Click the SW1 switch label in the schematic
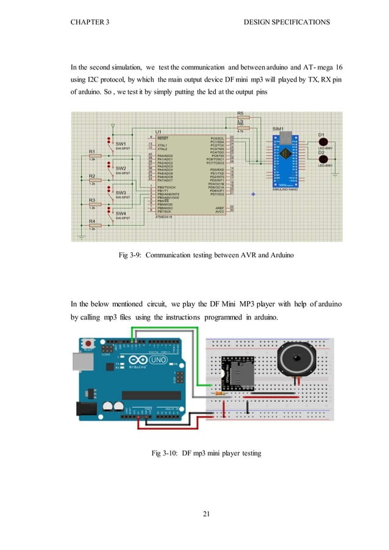[121, 144]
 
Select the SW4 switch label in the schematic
[121, 214]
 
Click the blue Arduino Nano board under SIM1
[282, 160]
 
